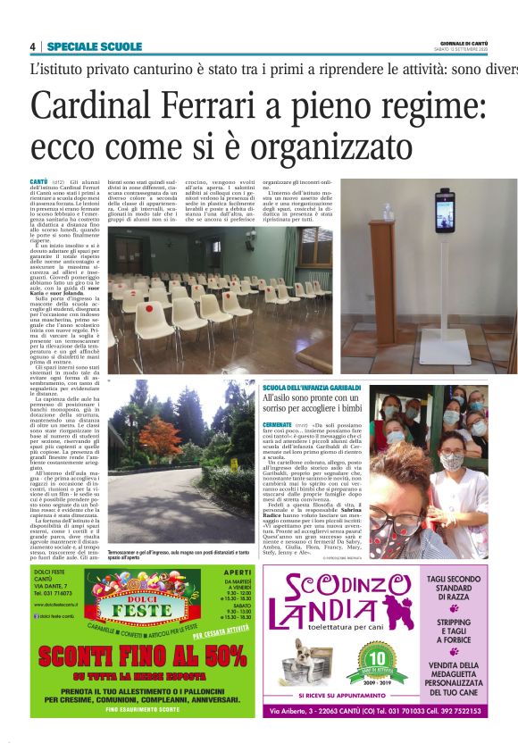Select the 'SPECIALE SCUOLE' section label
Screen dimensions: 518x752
94,46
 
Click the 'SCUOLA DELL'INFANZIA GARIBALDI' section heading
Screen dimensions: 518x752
312,386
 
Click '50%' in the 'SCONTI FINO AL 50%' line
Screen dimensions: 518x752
214,657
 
